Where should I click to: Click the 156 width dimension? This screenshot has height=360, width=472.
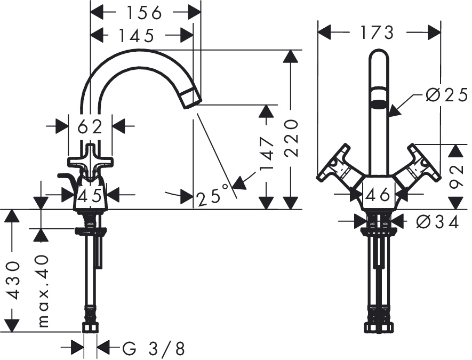144,13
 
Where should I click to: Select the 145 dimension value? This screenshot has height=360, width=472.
137,36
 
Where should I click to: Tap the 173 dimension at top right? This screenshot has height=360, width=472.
377,33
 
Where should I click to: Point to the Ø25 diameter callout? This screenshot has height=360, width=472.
447,95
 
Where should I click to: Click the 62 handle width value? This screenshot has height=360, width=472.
90,127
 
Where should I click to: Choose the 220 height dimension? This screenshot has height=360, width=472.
291,138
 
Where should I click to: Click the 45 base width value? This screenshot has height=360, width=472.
90,196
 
